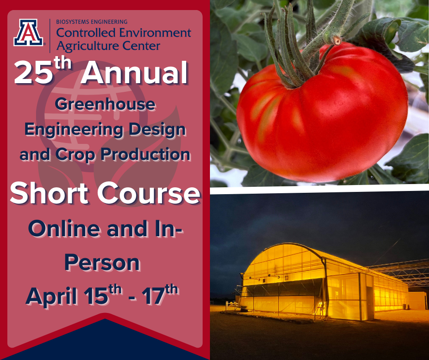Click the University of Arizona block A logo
28,32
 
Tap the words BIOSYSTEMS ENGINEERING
92,21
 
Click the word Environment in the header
155,33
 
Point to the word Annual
134,72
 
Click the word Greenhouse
105,104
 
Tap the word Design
157,130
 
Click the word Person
102,263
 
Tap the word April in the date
51,296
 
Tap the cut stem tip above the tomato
336,41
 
